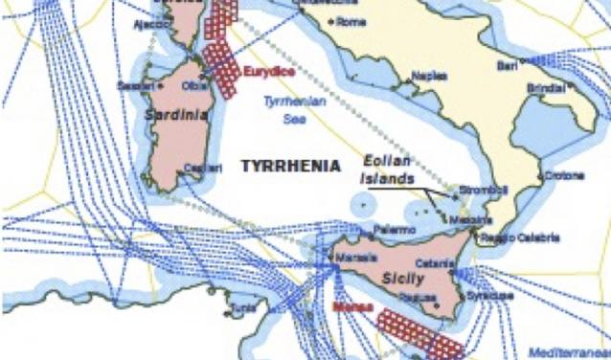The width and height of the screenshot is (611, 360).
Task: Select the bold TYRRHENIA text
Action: click(x=289, y=165)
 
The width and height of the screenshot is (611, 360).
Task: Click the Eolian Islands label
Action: click(x=387, y=170)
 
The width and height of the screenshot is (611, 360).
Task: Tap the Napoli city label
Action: click(x=428, y=75)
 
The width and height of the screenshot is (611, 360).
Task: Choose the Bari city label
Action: click(x=507, y=65)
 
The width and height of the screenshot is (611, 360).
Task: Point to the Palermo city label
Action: click(x=395, y=231)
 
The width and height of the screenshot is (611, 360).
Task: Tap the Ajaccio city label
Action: click(x=150, y=24)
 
